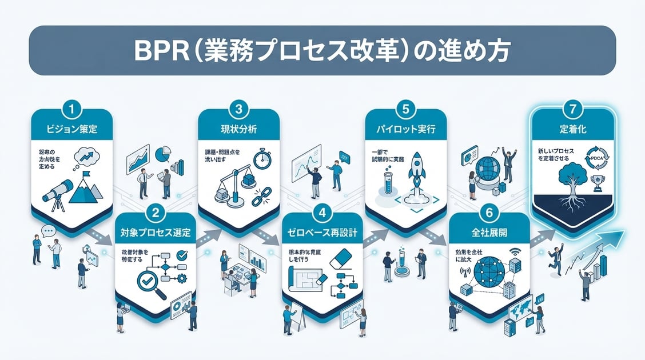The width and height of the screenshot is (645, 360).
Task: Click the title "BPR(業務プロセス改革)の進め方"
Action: [x=322, y=50]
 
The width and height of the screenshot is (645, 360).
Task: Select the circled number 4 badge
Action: [x=322, y=214]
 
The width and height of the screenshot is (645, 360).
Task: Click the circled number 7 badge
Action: [x=573, y=108]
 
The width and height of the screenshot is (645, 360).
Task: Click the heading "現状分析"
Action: [x=239, y=129]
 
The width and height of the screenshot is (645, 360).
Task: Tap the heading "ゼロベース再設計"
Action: [x=323, y=234]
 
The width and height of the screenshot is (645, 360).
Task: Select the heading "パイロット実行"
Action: [x=405, y=129]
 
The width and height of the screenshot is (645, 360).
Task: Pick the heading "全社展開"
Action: [x=489, y=234]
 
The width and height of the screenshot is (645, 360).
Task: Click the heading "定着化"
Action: [x=573, y=129]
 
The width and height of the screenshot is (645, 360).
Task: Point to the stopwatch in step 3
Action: [x=262, y=158]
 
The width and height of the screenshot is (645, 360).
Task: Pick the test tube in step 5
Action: [x=386, y=185]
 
